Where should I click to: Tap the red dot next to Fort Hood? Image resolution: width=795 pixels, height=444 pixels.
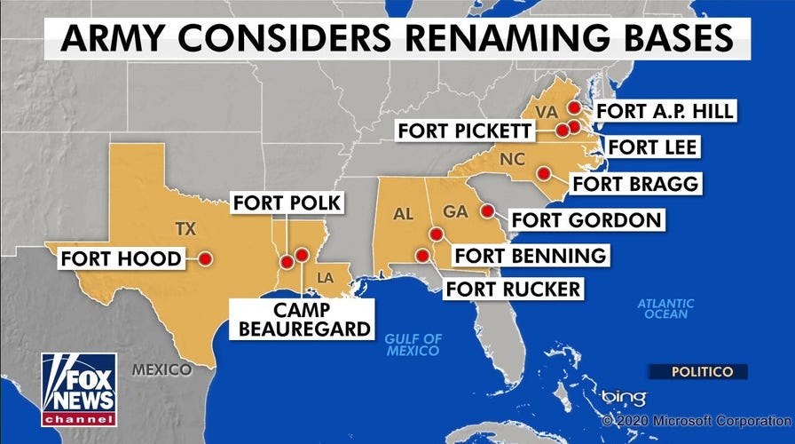tap(205, 258)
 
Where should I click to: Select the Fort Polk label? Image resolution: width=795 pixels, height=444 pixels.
tap(287, 203)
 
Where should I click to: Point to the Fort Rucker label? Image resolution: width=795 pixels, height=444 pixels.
tap(513, 289)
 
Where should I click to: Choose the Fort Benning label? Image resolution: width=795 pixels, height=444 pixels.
tap(530, 256)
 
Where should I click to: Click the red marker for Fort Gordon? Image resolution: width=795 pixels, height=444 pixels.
tap(487, 211)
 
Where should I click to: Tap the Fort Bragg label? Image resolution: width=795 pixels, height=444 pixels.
tap(635, 184)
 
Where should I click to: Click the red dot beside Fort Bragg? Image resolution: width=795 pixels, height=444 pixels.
tap(544, 172)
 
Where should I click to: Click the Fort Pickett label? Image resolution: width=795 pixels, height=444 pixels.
tap(465, 131)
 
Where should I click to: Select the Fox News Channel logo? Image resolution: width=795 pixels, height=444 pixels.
tap(78, 389)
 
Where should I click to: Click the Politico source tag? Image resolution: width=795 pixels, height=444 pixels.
tap(696, 371)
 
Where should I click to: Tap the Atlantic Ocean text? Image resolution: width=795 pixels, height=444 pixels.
tap(665, 308)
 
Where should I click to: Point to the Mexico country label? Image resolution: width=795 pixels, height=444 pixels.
tap(161, 369)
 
